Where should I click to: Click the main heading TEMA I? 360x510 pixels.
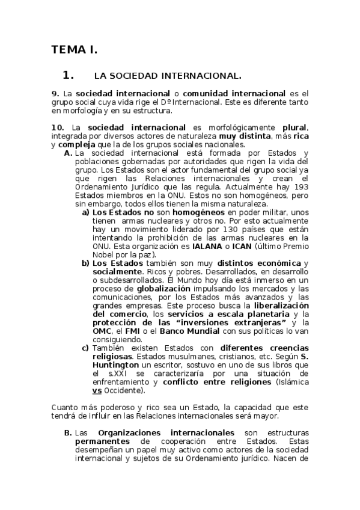75,49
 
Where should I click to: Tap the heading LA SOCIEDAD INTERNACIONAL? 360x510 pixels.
168,76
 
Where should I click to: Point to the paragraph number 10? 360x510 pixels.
58,127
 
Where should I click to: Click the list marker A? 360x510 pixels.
68,153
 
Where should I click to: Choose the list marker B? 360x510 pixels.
68,433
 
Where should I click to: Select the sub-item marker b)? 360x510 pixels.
86,263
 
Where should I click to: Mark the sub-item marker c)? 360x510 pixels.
86,348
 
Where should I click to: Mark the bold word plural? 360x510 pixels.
294,127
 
